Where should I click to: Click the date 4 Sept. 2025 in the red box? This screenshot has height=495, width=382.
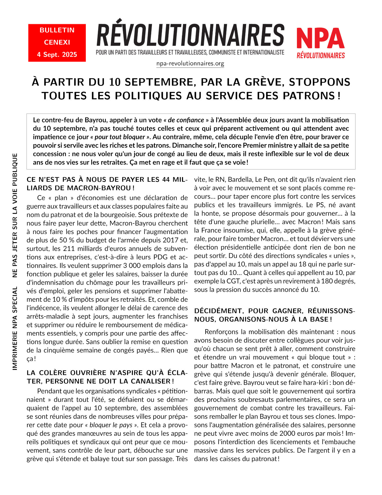click(57, 55)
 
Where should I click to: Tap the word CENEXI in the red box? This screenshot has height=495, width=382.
click(57, 42)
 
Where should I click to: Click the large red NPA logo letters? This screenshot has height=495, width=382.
click(320, 39)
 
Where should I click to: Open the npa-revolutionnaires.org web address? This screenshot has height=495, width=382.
click(190, 63)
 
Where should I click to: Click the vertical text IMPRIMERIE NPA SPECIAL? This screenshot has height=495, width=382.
click(15, 328)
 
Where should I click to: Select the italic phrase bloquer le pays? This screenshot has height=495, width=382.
click(111, 425)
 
